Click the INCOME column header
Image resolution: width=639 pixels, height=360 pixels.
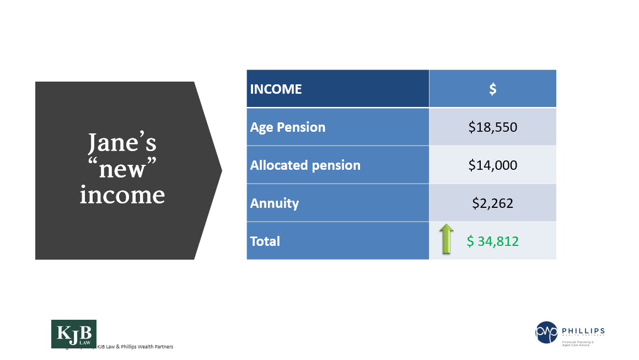point(276,89)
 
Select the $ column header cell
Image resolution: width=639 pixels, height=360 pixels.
point(492,89)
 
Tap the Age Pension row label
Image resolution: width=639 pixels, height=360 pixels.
point(288,127)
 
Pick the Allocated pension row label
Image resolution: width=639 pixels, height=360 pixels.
point(305,165)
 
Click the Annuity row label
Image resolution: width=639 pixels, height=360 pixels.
point(275,203)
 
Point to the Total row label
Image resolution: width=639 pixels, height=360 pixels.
point(265,241)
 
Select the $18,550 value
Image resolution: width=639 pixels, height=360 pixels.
point(492,127)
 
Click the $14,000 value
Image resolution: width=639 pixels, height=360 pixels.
point(492,165)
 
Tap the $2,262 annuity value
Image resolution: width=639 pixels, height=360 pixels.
point(492,203)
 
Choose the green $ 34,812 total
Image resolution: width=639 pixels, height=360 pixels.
point(493,241)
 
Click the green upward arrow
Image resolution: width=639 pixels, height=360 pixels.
point(447,239)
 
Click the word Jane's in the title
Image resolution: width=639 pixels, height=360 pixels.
point(122,143)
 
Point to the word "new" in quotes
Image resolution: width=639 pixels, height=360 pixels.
point(122,169)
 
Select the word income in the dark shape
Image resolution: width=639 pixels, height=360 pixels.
point(122,194)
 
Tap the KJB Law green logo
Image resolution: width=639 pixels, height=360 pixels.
point(73,334)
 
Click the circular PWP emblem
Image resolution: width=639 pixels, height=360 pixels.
point(546,332)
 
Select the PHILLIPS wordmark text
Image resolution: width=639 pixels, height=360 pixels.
point(582,330)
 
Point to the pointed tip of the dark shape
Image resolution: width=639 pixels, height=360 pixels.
point(221,170)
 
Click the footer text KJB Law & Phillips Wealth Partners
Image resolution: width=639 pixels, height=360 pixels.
point(135,347)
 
